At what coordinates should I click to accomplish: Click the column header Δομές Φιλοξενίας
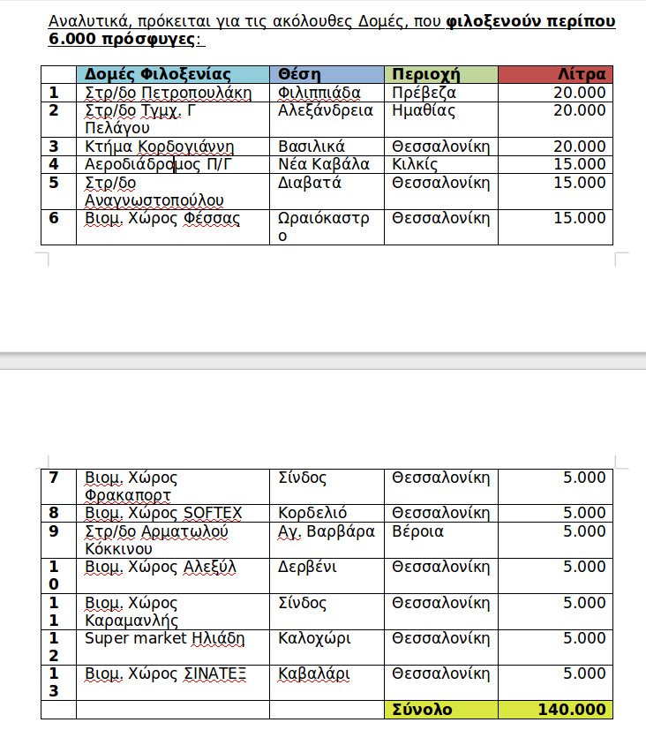point(158,74)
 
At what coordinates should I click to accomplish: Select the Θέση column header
point(299,74)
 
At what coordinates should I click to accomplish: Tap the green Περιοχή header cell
point(427,74)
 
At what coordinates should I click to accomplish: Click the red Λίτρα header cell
point(582,74)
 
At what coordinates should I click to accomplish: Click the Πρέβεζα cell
point(424,93)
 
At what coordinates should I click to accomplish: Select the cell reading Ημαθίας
point(424,110)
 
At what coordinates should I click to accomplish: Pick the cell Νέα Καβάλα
point(324,164)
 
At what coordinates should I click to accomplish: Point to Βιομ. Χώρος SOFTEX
point(163,513)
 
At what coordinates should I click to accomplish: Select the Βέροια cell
point(418,531)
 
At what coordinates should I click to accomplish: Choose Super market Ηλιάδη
point(164,638)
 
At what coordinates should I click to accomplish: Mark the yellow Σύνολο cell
point(423,710)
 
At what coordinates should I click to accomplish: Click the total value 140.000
point(571,710)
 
